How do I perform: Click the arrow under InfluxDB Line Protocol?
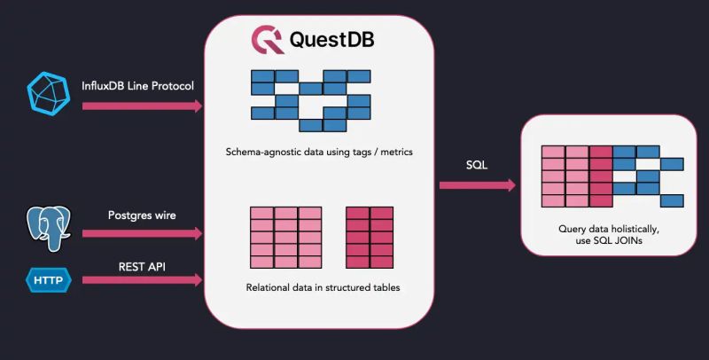142,106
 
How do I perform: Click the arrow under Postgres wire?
142,234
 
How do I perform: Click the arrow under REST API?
142,279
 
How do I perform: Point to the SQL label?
477,166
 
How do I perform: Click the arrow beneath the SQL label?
477,185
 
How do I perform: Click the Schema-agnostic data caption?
319,152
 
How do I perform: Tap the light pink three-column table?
285,237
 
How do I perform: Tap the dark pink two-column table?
369,237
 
